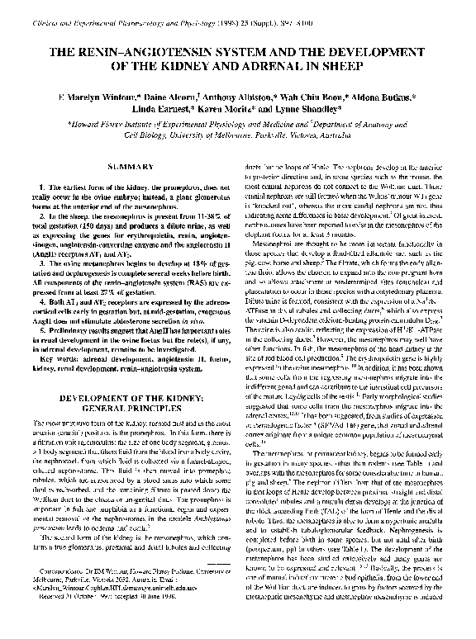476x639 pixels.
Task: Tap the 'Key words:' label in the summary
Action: pos(51,338)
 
